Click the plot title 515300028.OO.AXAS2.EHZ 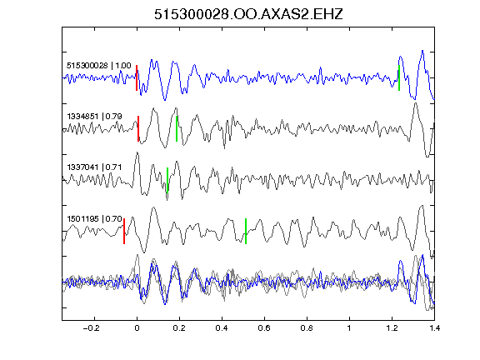coord(248,14)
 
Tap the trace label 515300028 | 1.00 coord(99,66)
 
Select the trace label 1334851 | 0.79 coord(95,117)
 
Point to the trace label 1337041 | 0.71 coord(95,167)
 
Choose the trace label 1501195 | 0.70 coord(95,219)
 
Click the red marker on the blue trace coord(137,77)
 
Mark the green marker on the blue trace coord(399,77)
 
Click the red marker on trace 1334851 coord(138,128)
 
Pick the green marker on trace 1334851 coord(177,128)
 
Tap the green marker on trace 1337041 coord(167,180)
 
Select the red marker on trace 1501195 coord(124,231)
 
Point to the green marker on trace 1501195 coord(246,231)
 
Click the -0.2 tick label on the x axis coord(92,328)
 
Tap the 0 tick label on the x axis coord(137,328)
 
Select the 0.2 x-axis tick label coord(179,328)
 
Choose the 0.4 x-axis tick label coord(222,328)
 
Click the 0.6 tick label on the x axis coord(264,328)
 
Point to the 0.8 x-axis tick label coord(307,328)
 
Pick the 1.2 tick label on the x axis coord(392,328)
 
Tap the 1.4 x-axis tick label coord(434,328)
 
